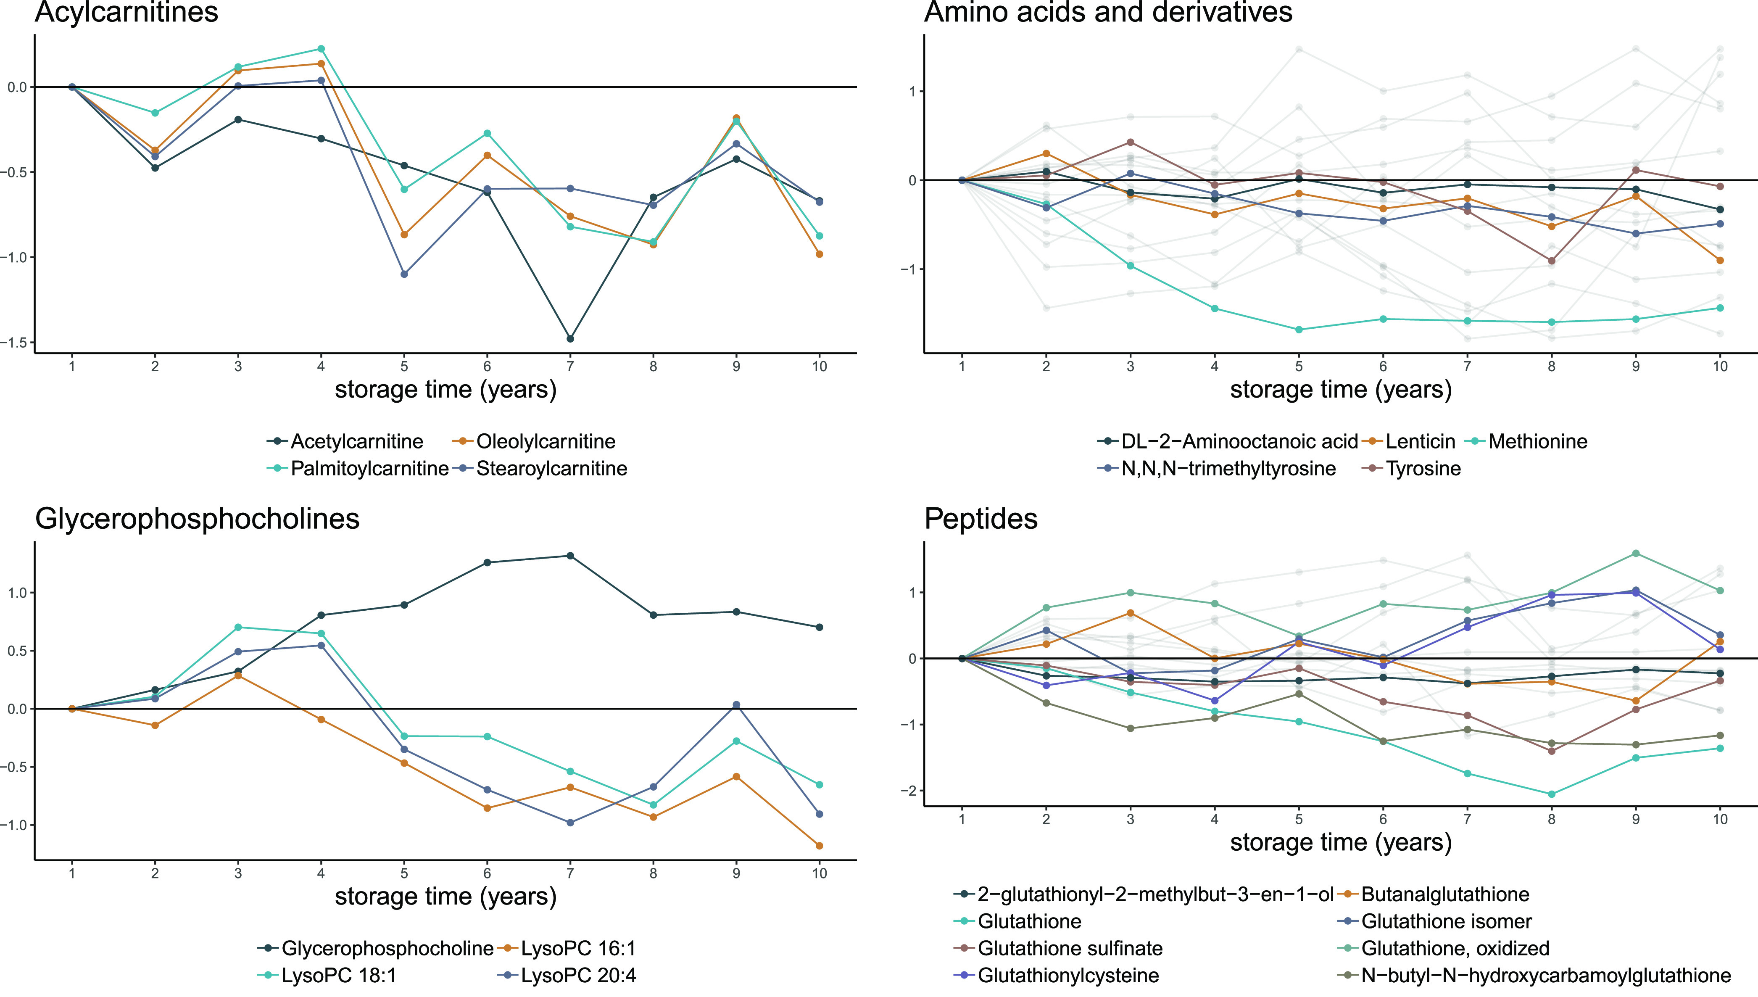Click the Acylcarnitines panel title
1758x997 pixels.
[x=127, y=12]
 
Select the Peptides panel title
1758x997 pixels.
[x=980, y=519]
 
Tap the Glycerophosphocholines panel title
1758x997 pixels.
[x=197, y=519]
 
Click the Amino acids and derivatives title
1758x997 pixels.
[x=1108, y=12]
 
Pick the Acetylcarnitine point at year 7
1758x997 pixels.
[x=570, y=339]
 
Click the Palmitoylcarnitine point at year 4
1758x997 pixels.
[x=321, y=49]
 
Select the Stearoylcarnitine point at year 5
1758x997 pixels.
[x=404, y=274]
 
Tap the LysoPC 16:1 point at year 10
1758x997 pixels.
[x=820, y=846]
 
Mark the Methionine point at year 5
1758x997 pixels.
[x=1299, y=330]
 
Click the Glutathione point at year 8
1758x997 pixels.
[x=1551, y=794]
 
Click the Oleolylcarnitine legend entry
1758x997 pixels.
[x=545, y=442]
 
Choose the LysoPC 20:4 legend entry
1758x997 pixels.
[x=578, y=976]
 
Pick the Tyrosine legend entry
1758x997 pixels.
[x=1423, y=469]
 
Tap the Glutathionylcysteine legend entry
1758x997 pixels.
[x=1068, y=976]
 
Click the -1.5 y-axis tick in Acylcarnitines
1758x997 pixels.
[x=15, y=343]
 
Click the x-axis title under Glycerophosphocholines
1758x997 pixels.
[x=445, y=897]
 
